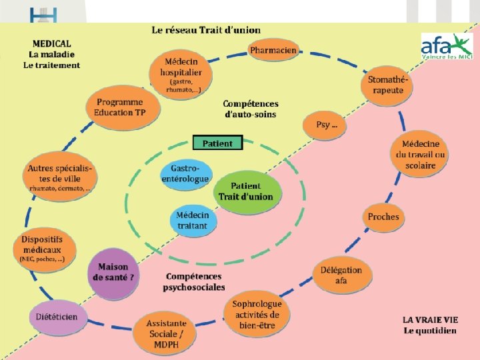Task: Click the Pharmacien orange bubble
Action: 273,50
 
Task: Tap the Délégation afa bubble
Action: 341,275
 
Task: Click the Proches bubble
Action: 383,217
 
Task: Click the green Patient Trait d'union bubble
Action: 245,191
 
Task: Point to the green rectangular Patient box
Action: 217,143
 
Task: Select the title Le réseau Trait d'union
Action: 206,30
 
